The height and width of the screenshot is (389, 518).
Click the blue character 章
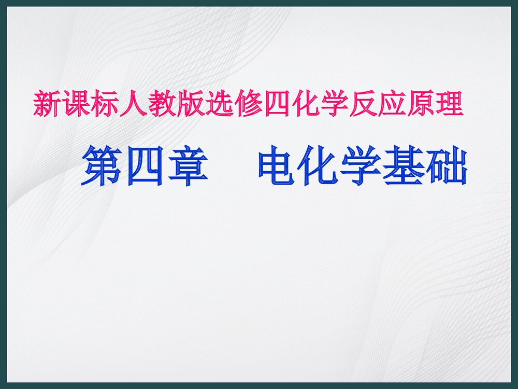pos(187,165)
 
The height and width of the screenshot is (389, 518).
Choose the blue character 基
pos(404,165)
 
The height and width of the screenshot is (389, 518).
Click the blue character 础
pos(446,165)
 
